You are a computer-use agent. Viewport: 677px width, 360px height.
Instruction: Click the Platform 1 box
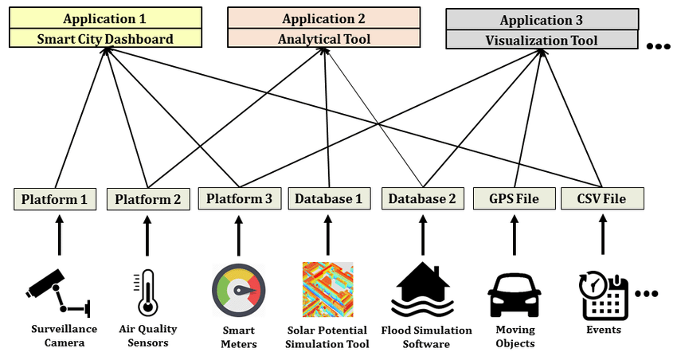point(55,199)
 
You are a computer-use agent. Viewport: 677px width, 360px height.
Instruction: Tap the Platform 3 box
point(238,198)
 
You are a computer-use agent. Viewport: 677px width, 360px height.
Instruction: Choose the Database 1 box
point(328,198)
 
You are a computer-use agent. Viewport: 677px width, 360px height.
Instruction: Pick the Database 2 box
point(422,199)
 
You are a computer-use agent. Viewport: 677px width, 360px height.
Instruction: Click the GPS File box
point(514,198)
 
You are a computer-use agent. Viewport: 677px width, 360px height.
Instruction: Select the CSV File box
point(601,198)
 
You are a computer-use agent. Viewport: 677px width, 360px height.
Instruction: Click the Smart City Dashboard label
point(106,38)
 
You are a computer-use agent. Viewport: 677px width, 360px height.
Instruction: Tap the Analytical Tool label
point(324,38)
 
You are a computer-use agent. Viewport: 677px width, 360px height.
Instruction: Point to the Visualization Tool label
point(542,40)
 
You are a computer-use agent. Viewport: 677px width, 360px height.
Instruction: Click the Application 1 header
point(106,18)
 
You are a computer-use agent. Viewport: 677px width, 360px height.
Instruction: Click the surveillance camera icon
point(57,292)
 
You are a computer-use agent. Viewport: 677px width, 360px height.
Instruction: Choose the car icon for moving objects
point(514,295)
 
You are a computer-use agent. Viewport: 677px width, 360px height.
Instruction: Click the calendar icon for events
point(604,293)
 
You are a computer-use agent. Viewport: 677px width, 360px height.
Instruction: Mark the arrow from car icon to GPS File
point(514,236)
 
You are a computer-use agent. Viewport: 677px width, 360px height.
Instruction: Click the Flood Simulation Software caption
point(426,337)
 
